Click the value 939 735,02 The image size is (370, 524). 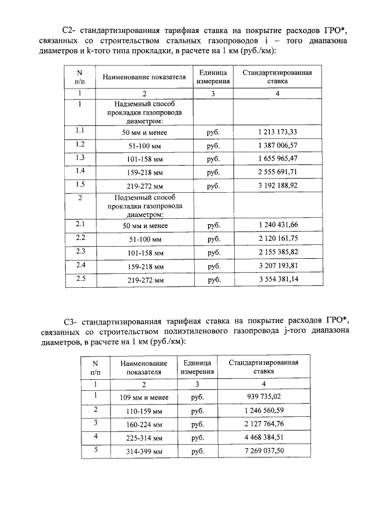pyautogui.click(x=263, y=397)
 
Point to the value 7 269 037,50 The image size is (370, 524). pyautogui.click(x=263, y=451)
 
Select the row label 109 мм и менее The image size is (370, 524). pyautogui.click(x=143, y=397)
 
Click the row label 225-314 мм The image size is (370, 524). pyautogui.click(x=143, y=438)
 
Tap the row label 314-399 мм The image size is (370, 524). pyautogui.click(x=143, y=451)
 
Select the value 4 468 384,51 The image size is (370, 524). pyautogui.click(x=263, y=437)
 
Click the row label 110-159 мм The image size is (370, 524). pyautogui.click(x=143, y=411)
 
